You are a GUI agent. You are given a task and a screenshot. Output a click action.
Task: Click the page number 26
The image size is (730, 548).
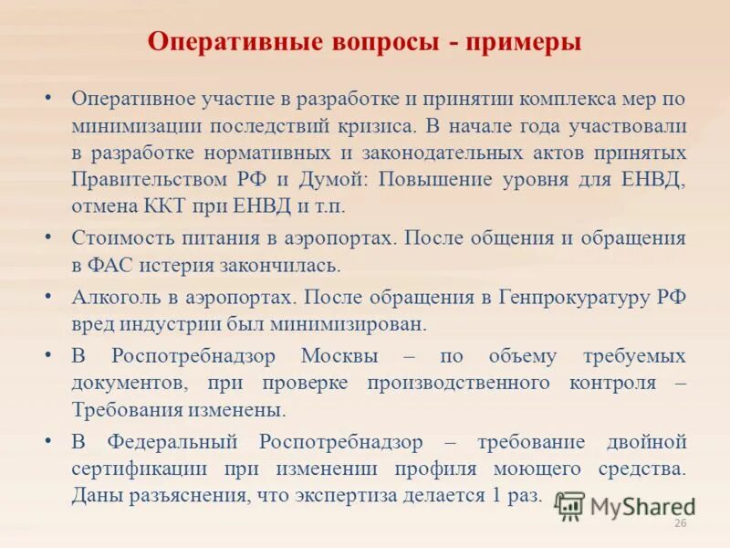click(x=679, y=522)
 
